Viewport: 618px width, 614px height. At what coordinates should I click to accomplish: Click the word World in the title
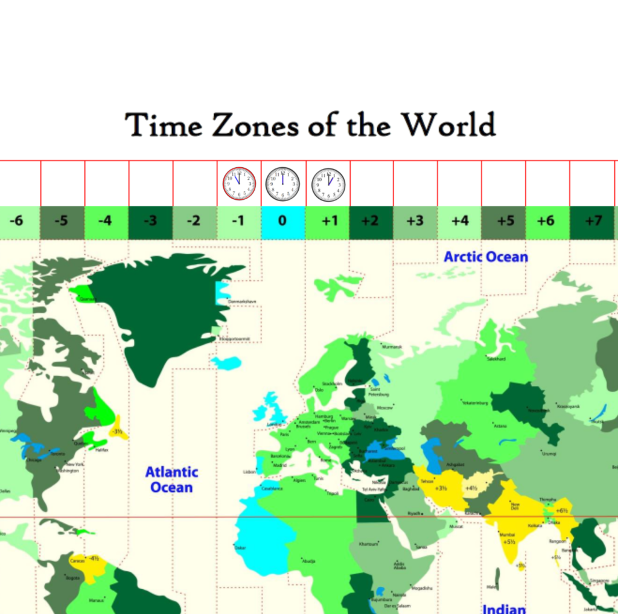[x=449, y=125]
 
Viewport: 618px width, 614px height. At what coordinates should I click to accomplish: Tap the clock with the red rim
[x=239, y=184]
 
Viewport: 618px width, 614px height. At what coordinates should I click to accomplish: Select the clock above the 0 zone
[x=282, y=184]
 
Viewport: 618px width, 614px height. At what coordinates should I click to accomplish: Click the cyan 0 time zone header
[x=282, y=221]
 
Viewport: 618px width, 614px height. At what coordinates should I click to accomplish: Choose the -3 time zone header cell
[x=151, y=221]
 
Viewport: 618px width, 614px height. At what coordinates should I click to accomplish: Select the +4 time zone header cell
[x=459, y=221]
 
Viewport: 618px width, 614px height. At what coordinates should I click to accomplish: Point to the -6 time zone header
[x=18, y=221]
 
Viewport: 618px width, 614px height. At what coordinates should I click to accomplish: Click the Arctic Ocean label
[x=486, y=257]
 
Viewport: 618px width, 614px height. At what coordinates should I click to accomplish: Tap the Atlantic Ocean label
[x=171, y=479]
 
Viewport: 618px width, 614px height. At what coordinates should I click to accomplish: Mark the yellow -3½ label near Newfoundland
[x=117, y=432]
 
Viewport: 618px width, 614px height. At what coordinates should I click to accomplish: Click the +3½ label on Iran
[x=442, y=488]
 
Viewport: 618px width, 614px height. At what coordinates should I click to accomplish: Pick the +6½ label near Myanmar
[x=563, y=511]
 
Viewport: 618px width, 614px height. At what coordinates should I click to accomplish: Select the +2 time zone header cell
[x=371, y=221]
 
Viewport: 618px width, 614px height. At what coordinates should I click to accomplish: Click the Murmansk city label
[x=392, y=347]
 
